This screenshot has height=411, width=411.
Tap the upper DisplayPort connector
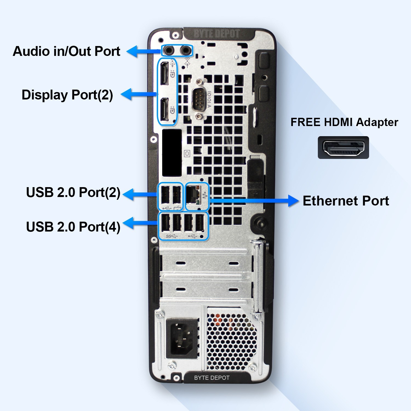(x=164, y=73)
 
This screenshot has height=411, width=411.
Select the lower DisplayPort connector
(x=164, y=110)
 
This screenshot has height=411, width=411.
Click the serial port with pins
(x=199, y=99)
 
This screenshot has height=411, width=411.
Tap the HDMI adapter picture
(x=343, y=147)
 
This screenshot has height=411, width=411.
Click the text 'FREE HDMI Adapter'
(x=344, y=122)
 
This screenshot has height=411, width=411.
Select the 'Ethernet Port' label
(x=346, y=201)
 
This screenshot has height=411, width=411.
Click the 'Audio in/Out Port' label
(x=67, y=51)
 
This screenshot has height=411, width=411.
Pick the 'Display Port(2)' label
(x=67, y=95)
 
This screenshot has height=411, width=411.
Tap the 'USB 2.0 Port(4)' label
(x=73, y=227)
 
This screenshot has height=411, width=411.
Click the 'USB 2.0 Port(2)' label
(x=73, y=192)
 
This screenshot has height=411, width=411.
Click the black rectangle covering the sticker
(x=172, y=153)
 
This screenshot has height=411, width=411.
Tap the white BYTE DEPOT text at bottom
(x=212, y=378)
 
